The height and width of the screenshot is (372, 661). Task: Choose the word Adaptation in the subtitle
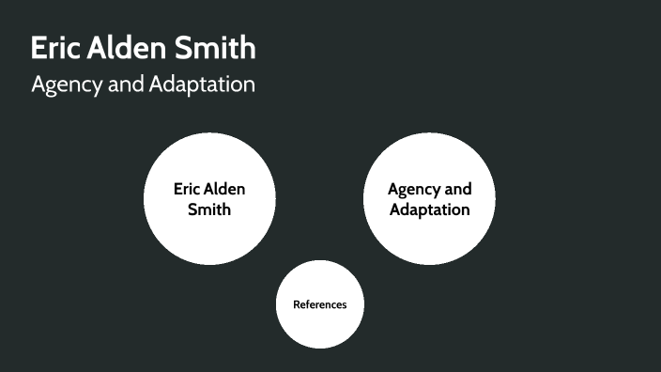click(202, 85)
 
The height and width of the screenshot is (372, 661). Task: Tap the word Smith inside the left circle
click(209, 209)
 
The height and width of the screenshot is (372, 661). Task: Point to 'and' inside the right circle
click(457, 189)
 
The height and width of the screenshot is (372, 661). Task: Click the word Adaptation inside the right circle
click(429, 209)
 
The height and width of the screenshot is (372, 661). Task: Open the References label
click(319, 304)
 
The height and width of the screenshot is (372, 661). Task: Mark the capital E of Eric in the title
click(39, 48)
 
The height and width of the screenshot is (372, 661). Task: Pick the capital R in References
click(296, 304)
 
